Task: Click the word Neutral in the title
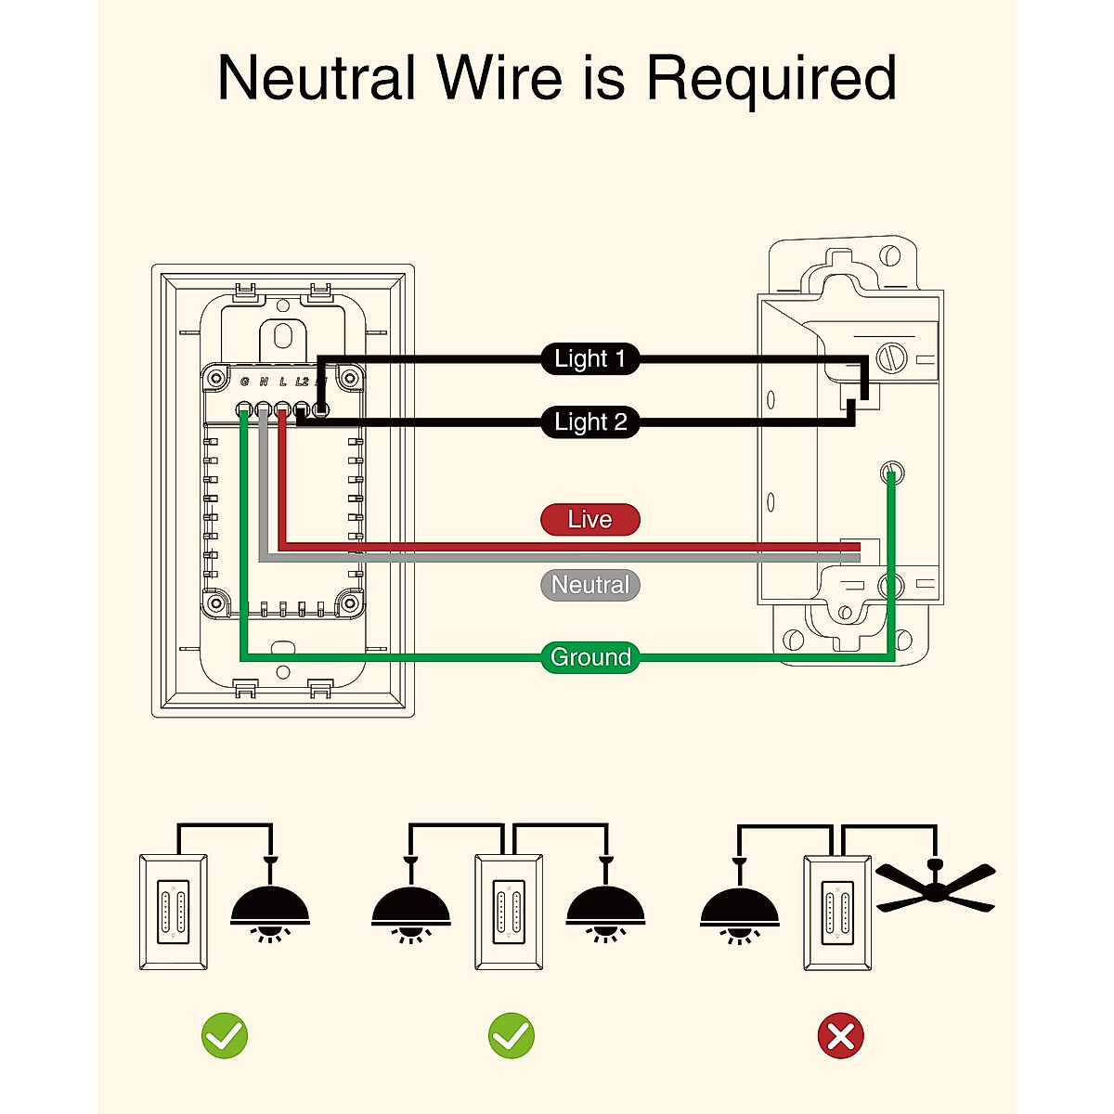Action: tap(316, 78)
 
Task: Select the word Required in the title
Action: tap(771, 80)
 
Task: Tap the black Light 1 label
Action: tap(590, 358)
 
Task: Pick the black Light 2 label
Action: tap(590, 422)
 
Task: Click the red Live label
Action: tap(590, 520)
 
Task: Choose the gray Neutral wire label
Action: tap(590, 585)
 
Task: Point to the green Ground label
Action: tap(590, 657)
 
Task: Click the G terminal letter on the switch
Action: tap(244, 382)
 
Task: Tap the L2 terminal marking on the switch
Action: tap(302, 382)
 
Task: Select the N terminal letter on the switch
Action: tap(264, 382)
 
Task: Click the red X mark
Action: tap(840, 1036)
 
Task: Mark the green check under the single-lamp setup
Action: tap(225, 1036)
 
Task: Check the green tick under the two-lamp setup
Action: tap(512, 1036)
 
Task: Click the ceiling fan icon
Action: tap(936, 887)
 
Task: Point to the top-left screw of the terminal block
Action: tap(216, 378)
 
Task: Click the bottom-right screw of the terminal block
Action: tap(350, 603)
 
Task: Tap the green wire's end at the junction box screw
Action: tap(890, 475)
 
